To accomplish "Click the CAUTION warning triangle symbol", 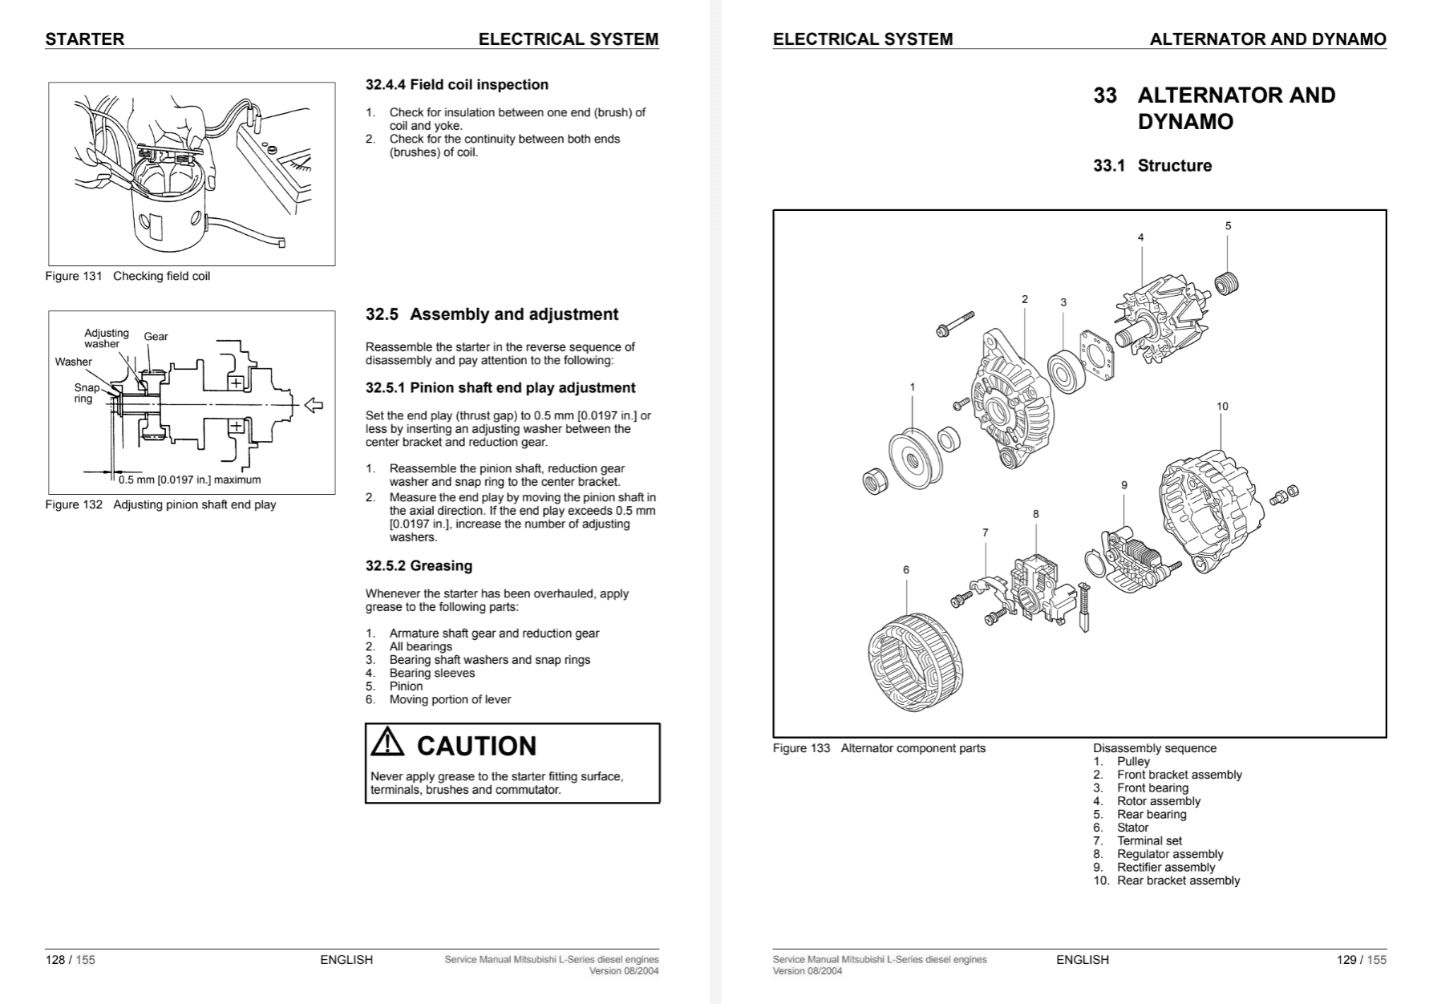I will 388,743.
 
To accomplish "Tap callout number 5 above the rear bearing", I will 1228,226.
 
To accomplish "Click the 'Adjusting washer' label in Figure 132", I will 106,338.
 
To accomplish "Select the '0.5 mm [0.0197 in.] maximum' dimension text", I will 189,480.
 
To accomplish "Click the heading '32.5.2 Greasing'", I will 419,566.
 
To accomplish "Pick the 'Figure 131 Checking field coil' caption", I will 128,277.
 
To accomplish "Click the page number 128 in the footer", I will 55,960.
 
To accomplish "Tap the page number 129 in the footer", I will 1346,960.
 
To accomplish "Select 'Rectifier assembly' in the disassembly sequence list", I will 1165,868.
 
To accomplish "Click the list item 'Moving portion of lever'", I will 450,699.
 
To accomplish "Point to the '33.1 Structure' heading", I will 1152,166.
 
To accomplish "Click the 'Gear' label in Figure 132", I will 156,337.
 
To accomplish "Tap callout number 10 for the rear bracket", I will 1222,407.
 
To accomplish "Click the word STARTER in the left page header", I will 84,39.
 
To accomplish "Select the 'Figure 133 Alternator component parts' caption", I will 879,748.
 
